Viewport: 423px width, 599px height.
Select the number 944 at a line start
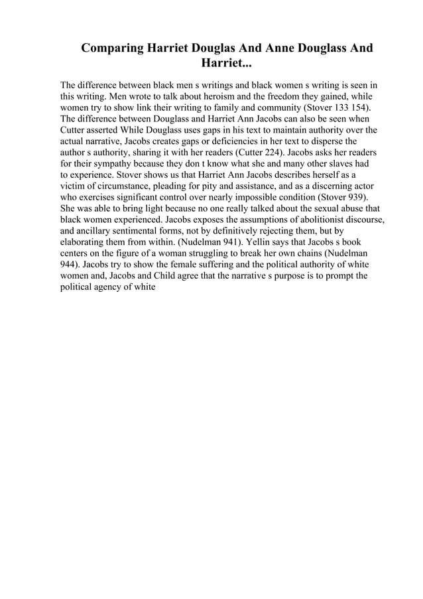70,265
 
